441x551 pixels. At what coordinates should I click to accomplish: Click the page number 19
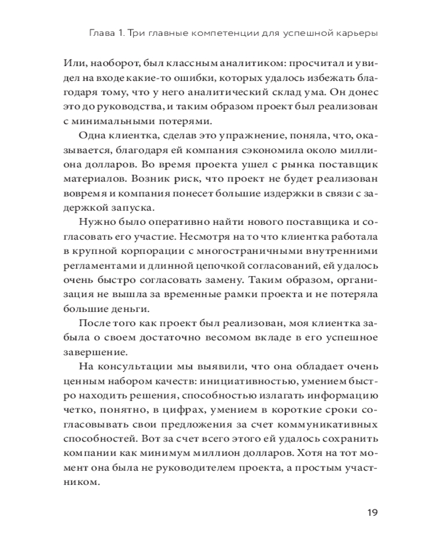[x=372, y=512]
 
